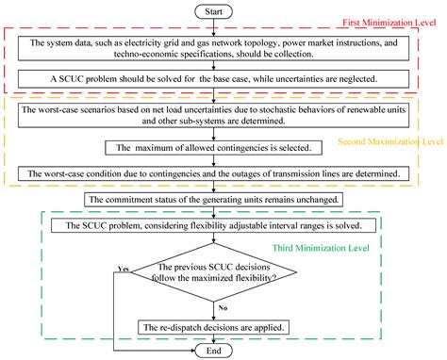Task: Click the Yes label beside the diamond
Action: pos(123,270)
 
